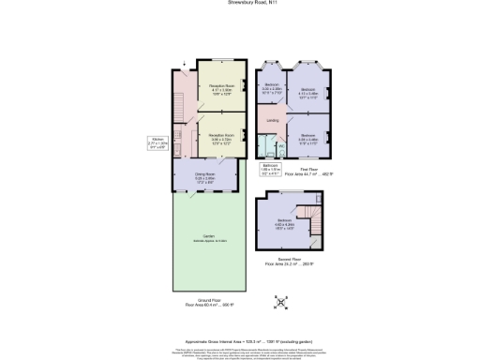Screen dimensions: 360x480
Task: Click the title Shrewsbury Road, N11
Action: click(x=239, y=3)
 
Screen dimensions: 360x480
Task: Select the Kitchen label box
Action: click(x=157, y=143)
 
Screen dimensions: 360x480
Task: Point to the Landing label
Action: click(x=273, y=121)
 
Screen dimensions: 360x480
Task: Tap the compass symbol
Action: click(x=278, y=303)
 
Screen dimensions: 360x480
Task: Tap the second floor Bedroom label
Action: click(x=284, y=223)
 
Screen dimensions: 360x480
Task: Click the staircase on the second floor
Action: click(x=315, y=222)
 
